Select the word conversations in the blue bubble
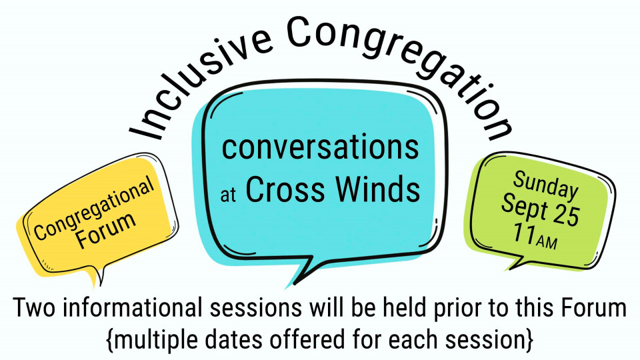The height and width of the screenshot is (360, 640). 320,147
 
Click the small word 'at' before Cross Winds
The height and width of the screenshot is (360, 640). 228,195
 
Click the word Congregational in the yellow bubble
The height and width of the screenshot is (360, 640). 94,208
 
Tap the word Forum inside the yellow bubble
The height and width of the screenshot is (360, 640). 106,230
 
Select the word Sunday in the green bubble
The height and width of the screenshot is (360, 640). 545,185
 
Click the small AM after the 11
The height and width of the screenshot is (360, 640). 547,242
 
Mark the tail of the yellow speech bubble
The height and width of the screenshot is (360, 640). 99,275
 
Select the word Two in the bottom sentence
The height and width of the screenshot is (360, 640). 34,308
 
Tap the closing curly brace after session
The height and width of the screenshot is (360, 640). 529,340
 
